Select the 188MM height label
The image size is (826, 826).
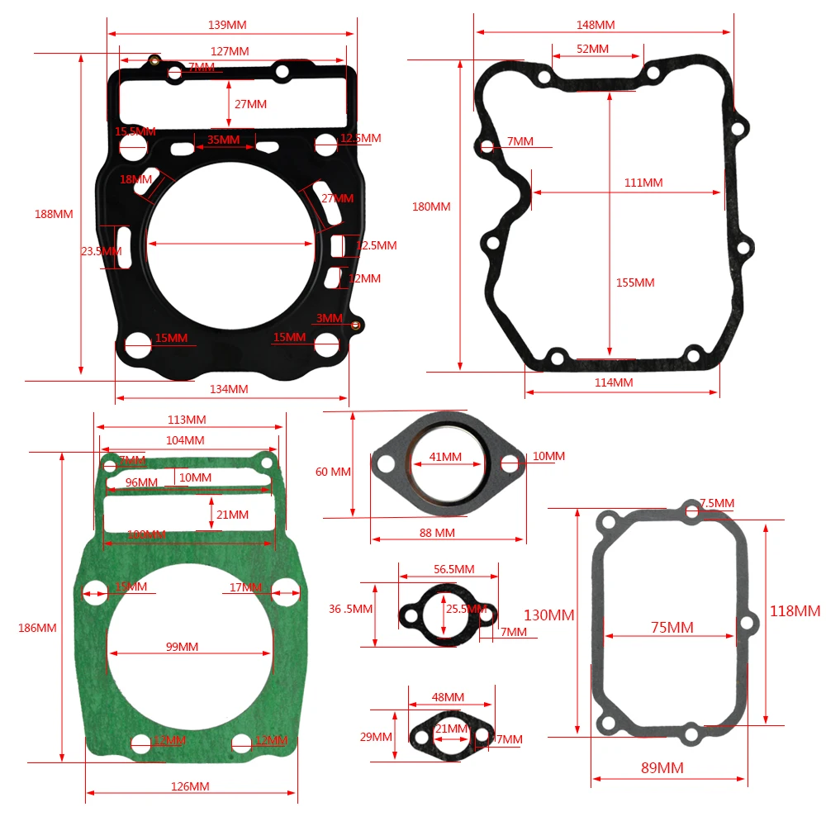coord(54,214)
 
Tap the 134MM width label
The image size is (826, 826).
coord(229,389)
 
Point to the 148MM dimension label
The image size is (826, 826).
coord(596,25)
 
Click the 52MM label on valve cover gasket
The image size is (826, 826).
coord(592,49)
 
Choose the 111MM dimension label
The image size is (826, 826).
coord(643,183)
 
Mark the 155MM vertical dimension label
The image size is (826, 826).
coord(635,282)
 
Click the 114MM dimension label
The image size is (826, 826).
coord(614,382)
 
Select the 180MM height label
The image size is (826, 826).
coord(431,206)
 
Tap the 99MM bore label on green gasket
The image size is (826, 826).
coord(182,646)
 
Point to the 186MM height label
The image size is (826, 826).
coord(37,628)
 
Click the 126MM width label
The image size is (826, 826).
coord(190,786)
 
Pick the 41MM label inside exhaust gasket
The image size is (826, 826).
coord(445,457)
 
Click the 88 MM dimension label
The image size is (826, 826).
coord(437,533)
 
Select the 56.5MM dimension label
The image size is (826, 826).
coord(454,569)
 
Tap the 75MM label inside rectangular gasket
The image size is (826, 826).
coord(672,628)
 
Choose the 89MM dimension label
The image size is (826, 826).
coord(662,768)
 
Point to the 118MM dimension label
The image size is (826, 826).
coord(795,611)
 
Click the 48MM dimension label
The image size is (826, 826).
coord(449,697)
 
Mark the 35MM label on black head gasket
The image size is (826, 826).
coord(223,140)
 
